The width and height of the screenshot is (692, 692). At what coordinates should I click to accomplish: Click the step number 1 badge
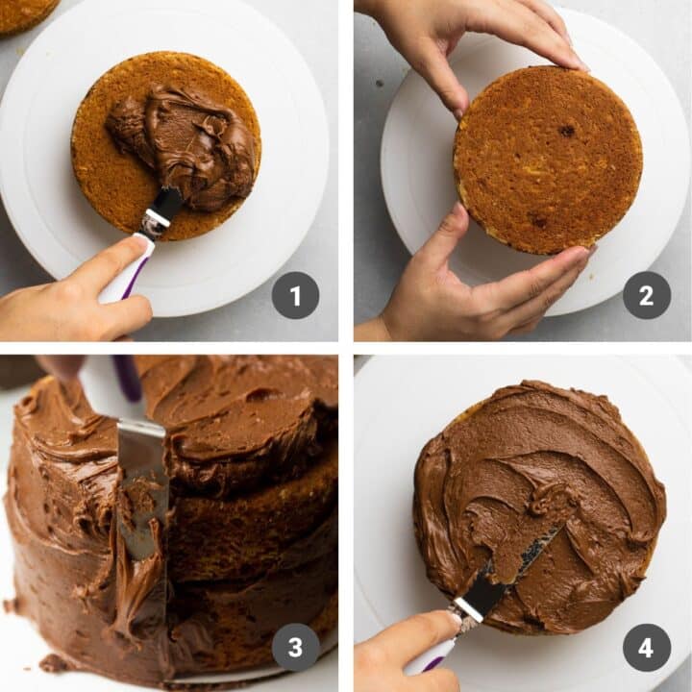(x=295, y=295)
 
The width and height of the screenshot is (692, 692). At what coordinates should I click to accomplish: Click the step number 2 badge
(x=647, y=295)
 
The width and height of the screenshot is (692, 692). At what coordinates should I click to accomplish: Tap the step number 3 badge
(x=295, y=647)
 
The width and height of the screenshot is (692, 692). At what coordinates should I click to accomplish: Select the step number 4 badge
(x=647, y=647)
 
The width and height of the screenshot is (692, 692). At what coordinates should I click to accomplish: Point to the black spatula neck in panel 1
(x=164, y=206)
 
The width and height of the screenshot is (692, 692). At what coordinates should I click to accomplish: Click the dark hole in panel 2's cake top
(x=567, y=131)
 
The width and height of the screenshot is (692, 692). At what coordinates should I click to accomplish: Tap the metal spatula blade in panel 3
(x=142, y=481)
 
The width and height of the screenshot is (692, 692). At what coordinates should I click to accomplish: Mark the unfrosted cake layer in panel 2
(x=548, y=159)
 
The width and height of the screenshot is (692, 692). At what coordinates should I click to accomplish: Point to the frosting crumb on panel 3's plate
(x=53, y=662)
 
